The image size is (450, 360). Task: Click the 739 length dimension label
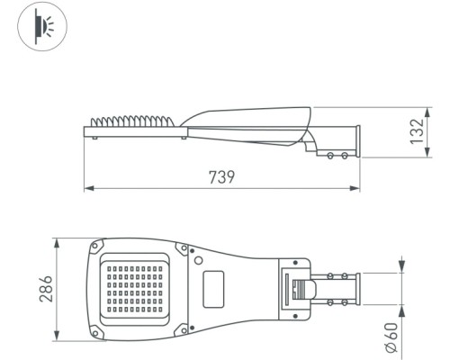coord(221,177)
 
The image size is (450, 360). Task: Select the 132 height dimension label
coord(417,131)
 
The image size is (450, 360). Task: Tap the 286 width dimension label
coord(46,289)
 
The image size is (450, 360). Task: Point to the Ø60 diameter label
coord(391,337)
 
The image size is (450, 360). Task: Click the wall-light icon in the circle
coord(42,26)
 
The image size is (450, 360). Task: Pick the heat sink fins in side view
coord(133,121)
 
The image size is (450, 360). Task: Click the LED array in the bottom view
coord(135,289)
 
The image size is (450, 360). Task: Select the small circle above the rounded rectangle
coord(198,260)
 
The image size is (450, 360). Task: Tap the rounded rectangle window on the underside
coord(213,289)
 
